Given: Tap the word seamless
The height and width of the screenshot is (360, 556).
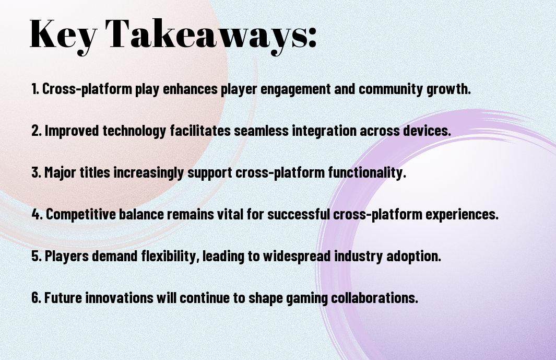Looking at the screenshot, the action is click(262, 131).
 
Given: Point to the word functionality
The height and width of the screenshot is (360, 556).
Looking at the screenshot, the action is click(367, 173).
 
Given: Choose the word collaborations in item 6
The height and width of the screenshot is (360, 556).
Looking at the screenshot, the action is click(375, 297).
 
